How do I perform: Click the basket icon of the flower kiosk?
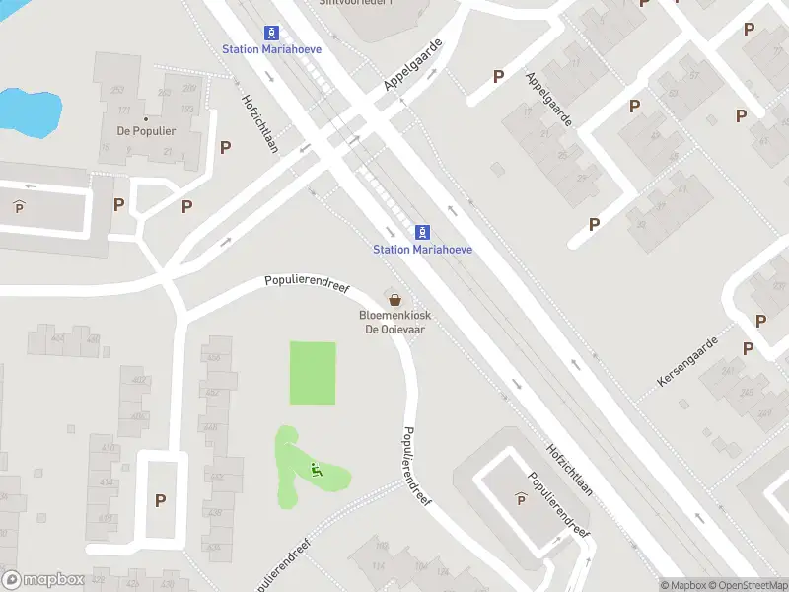(x=395, y=299)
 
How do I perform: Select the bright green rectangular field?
(x=313, y=373)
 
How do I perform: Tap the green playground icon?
(x=317, y=470)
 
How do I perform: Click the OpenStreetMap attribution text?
(x=746, y=585)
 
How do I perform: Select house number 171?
(x=124, y=111)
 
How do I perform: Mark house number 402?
(x=139, y=381)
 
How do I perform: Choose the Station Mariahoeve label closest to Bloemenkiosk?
(x=422, y=250)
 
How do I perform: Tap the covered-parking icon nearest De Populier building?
(x=19, y=206)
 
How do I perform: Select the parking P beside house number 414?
(x=160, y=500)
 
